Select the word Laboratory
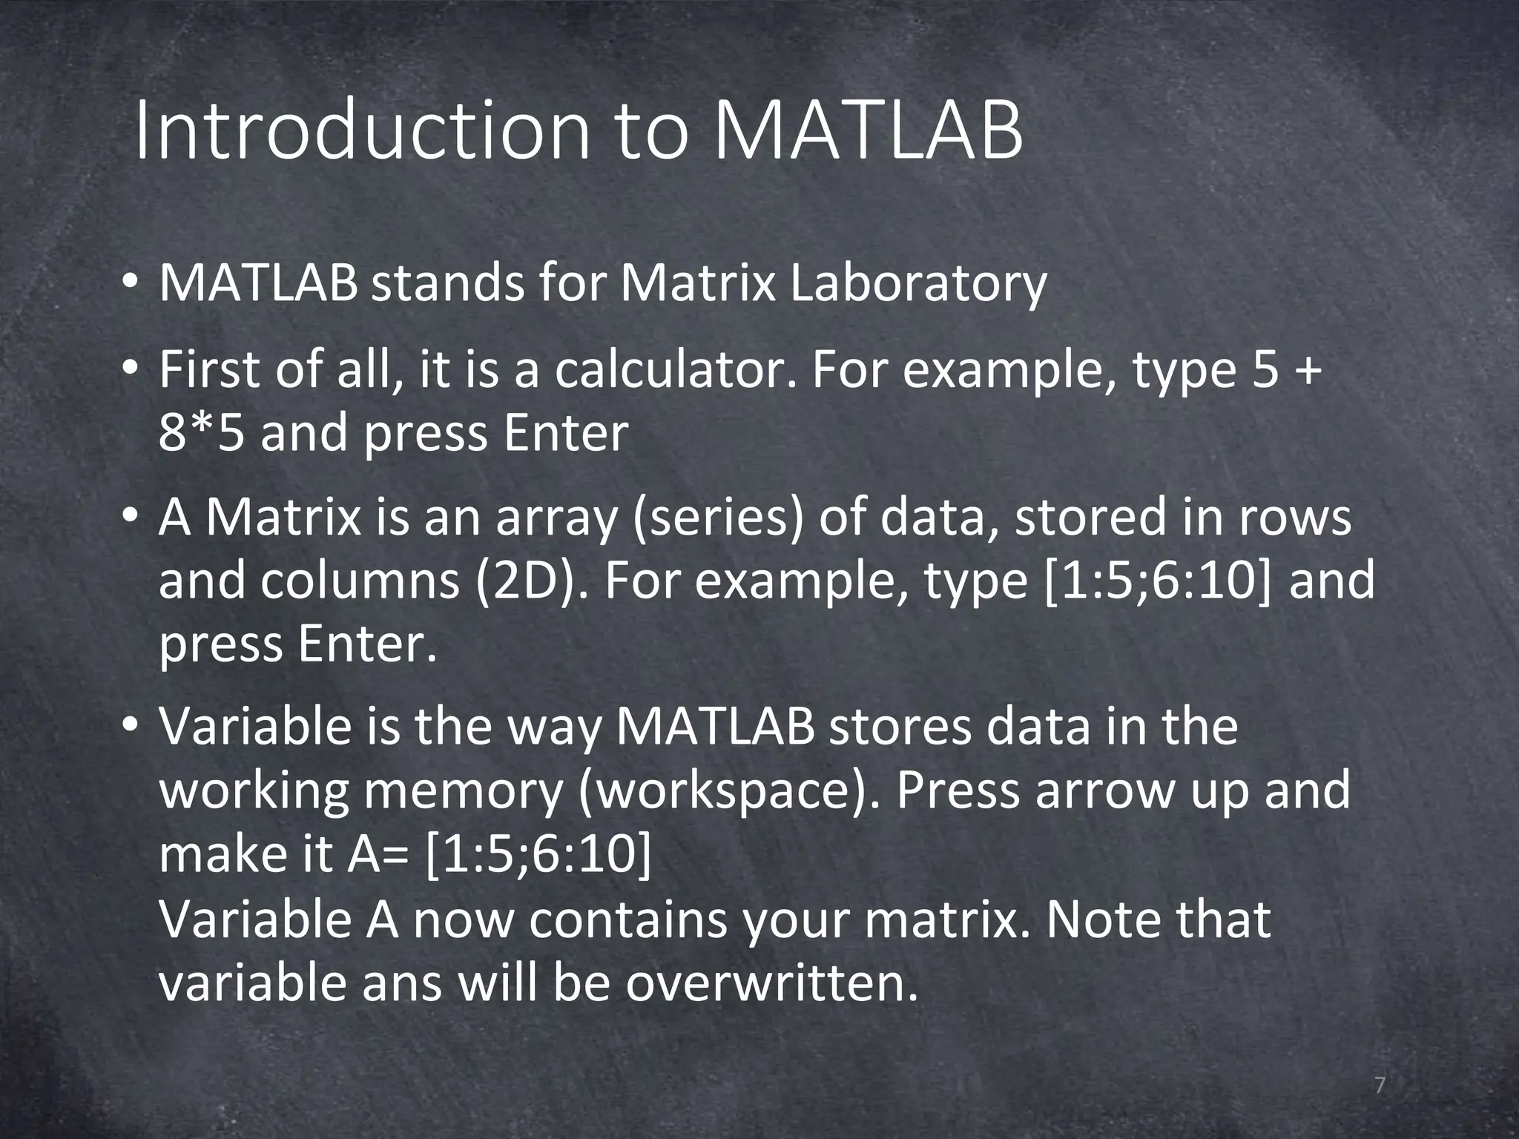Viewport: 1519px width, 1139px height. [x=917, y=284]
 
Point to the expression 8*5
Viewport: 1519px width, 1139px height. [x=201, y=434]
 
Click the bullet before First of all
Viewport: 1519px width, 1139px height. [x=130, y=369]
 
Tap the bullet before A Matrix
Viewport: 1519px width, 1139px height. [x=130, y=517]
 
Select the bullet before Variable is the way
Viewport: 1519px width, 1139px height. [x=130, y=726]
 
